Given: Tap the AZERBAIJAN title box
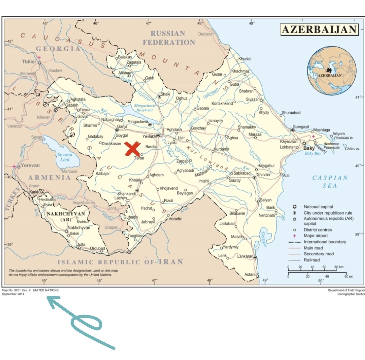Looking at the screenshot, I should pyautogui.click(x=319, y=30).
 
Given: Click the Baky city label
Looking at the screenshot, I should pyautogui.click(x=309, y=148).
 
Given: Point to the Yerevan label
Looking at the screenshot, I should pyautogui.click(x=30, y=166).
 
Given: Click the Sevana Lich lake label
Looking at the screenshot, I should pyautogui.click(x=65, y=157).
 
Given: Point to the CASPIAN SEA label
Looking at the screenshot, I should pyautogui.click(x=330, y=182).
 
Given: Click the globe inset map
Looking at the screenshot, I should pyautogui.click(x=332, y=71).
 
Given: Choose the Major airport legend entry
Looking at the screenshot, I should pyautogui.click(x=316, y=236).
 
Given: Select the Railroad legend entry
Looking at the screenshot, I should pyautogui.click(x=312, y=260).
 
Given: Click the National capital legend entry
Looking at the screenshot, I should pyautogui.click(x=318, y=207).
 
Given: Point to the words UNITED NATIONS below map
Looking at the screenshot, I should pyautogui.click(x=45, y=290).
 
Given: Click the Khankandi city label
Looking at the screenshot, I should pyautogui.click(x=126, y=193).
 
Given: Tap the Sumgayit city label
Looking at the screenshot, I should pyautogui.click(x=302, y=127).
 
